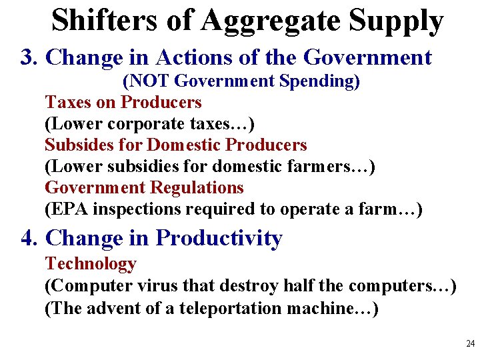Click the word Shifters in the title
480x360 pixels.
point(106,21)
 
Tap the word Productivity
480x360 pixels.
point(219,239)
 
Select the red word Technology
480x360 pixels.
point(91,264)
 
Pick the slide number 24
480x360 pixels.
point(470,344)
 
